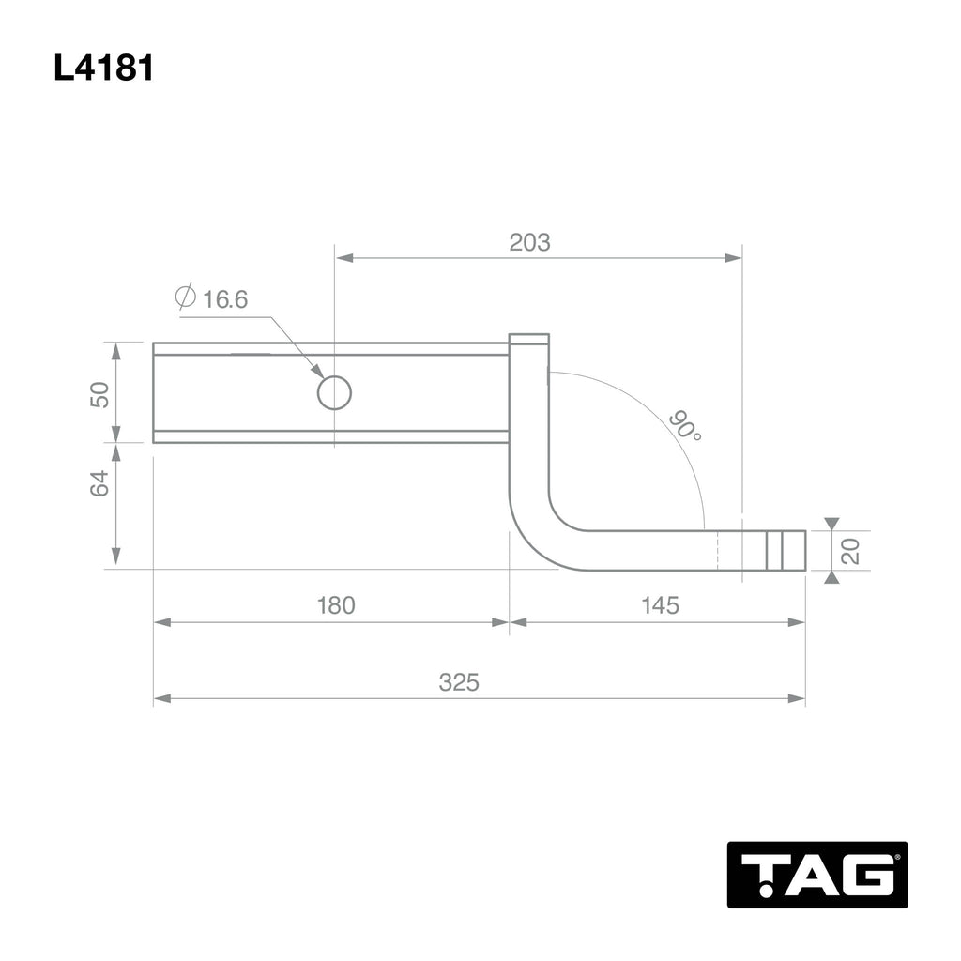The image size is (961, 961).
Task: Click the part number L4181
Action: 103,69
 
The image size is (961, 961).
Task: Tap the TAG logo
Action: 816,874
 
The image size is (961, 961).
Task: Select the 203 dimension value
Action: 529,242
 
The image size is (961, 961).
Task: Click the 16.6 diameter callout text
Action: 224,299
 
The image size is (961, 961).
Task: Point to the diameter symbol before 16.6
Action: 185,298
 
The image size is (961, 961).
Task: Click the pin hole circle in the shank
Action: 334,392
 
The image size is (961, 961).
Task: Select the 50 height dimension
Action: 99,392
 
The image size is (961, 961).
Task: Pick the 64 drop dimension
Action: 99,484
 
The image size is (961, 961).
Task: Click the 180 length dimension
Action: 335,605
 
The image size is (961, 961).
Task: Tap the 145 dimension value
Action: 660,605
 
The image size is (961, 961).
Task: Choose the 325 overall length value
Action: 459,682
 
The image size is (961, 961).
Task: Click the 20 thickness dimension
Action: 851,550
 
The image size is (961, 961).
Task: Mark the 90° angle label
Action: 685,426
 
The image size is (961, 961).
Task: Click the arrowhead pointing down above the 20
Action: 831,523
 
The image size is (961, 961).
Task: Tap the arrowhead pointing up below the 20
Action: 831,577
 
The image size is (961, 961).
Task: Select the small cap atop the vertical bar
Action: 528,340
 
